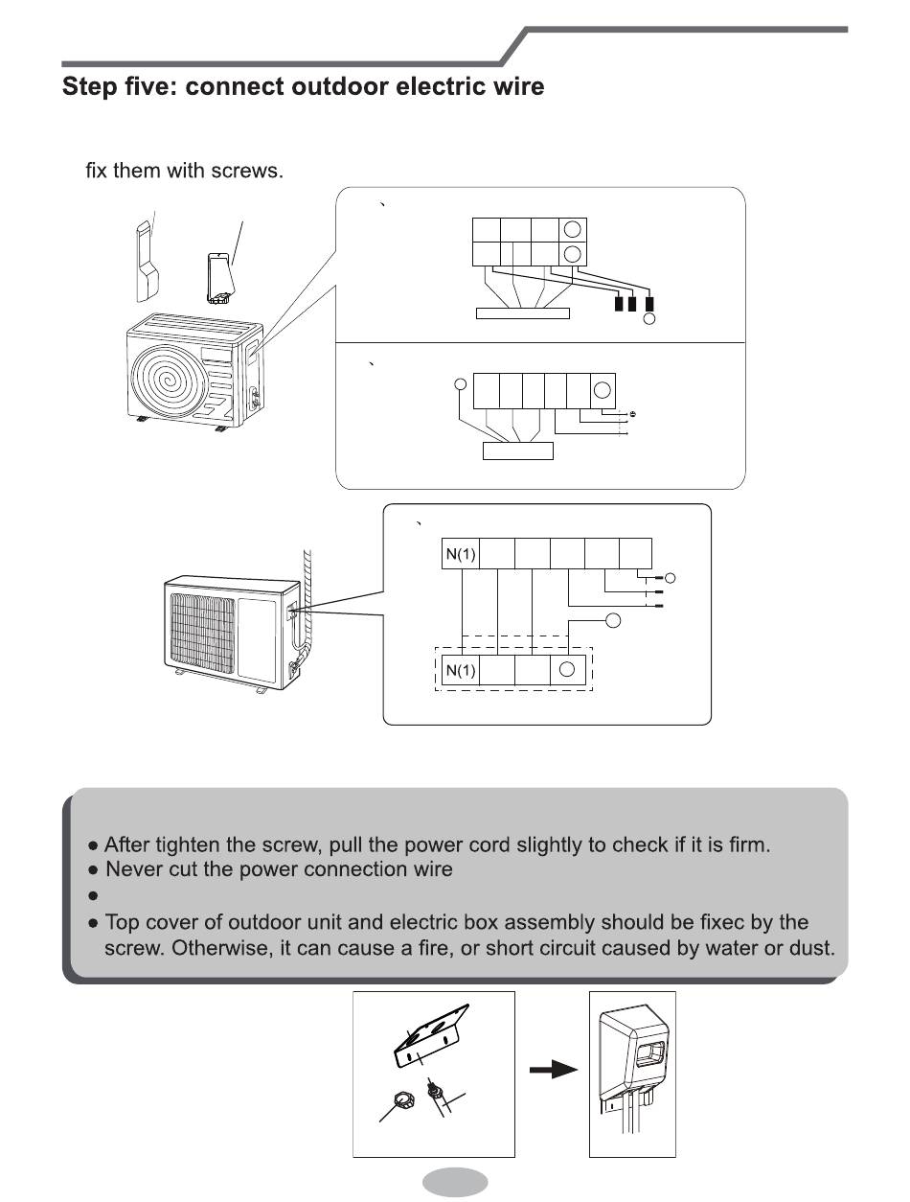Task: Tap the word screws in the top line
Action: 253,173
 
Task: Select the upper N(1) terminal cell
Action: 460,554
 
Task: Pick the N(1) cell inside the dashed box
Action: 460,670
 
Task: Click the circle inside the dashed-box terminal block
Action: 567,669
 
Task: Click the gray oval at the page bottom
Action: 455,1182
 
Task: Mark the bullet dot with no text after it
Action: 93,896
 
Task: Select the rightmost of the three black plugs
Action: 650,305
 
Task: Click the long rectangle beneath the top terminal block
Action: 522,312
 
